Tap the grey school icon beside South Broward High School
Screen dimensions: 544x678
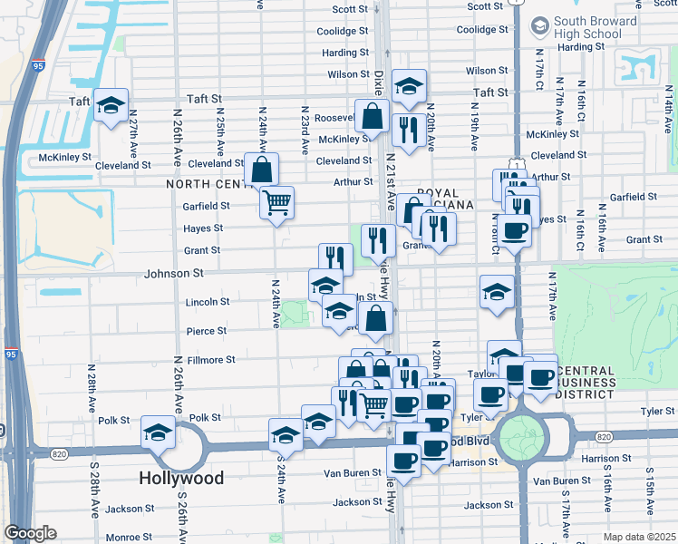coord(540,24)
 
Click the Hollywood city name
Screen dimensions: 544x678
coord(181,477)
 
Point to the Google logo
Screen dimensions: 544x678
coord(30,533)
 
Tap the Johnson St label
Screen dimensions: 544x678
coord(169,272)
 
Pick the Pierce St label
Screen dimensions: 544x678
coord(207,331)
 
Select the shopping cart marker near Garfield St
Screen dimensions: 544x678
coord(276,201)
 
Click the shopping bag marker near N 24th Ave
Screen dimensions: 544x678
coord(261,169)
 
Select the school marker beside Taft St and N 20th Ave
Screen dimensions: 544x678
coord(409,86)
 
